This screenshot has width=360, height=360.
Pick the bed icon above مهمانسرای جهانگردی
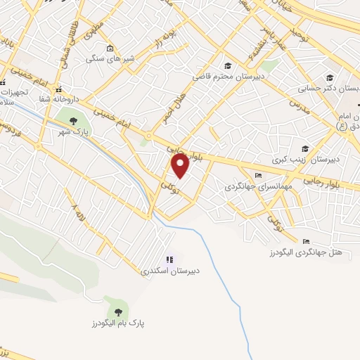[258, 175]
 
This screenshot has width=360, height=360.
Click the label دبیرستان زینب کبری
[316, 160]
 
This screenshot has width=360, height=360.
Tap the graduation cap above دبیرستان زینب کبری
[304, 148]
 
